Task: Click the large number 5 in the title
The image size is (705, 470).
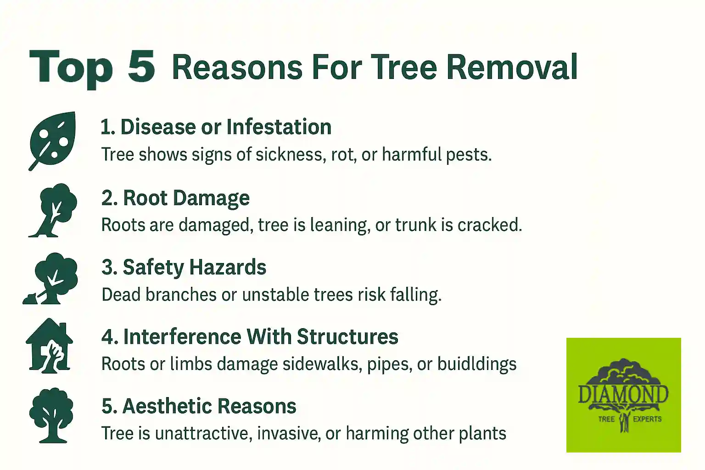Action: (x=141, y=67)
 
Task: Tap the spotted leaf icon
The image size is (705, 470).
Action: (x=52, y=140)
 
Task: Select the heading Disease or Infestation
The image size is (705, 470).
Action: (x=216, y=127)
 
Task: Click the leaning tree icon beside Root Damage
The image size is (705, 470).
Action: (x=53, y=210)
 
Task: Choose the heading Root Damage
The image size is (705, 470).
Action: (x=175, y=198)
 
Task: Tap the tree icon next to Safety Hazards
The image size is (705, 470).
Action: (x=51, y=278)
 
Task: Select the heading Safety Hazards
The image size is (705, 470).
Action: (x=184, y=268)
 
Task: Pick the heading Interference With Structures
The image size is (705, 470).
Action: (x=250, y=337)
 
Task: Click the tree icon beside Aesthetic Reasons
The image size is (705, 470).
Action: (x=51, y=415)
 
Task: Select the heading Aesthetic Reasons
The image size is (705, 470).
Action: (x=199, y=407)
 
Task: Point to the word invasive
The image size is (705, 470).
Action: (x=288, y=434)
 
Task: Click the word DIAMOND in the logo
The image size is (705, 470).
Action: (x=623, y=395)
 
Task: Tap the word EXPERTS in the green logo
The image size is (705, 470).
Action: (x=647, y=419)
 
